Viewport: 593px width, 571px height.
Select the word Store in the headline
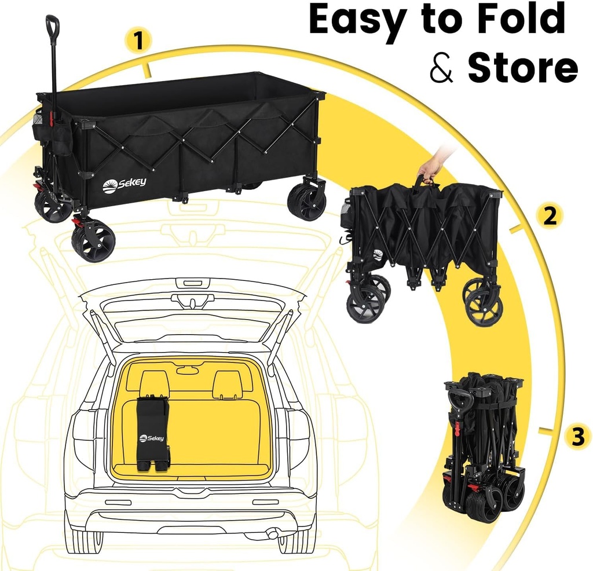[522, 69]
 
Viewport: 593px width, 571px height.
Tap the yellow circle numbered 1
[138, 41]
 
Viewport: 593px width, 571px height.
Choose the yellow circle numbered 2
[549, 215]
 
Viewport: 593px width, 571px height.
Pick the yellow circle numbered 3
[577, 436]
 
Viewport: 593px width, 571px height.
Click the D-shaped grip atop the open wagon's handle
[52, 25]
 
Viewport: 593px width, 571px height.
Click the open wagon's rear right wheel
[307, 200]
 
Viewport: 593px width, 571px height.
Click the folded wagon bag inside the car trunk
[152, 434]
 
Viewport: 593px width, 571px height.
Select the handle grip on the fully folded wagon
[459, 400]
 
